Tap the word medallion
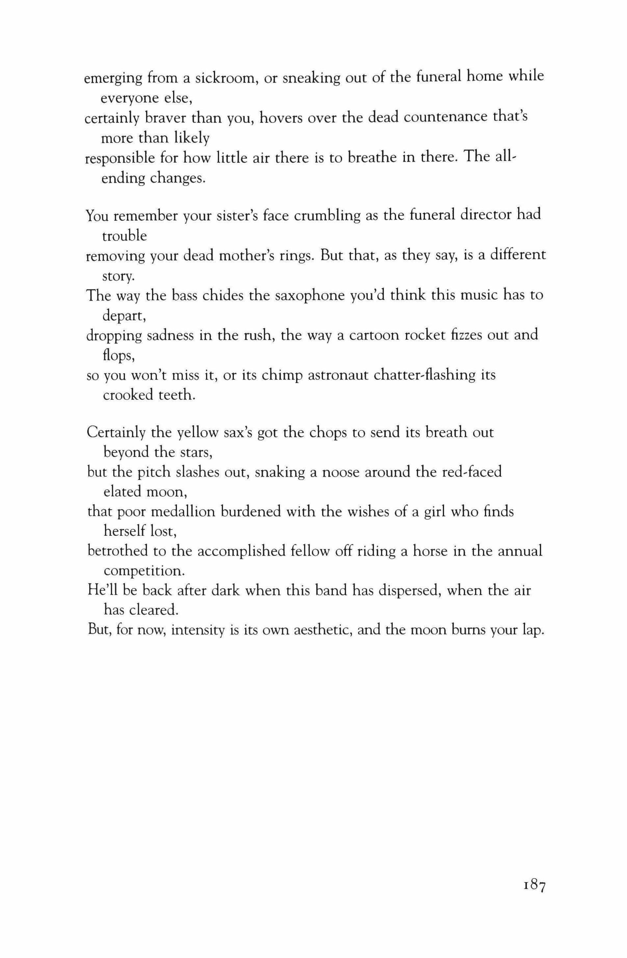pos(177,512)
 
